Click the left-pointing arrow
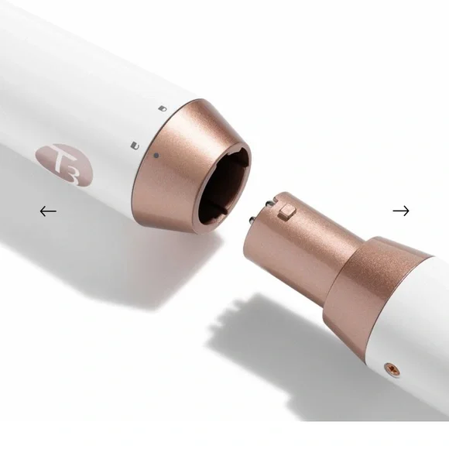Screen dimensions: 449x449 pos(48,211)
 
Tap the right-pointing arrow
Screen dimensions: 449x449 pos(401,211)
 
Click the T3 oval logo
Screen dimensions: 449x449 pos(64,165)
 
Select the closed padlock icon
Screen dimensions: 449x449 pos(163,108)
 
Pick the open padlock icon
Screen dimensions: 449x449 pos(135,146)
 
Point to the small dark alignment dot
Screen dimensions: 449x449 pos(156,156)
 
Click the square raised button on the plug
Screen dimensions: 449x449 pos(287,213)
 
